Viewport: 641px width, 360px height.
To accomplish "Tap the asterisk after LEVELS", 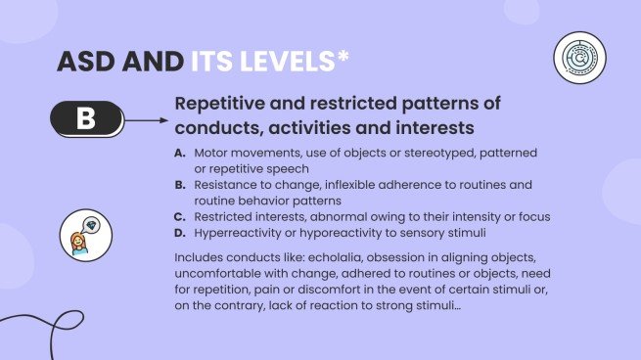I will [x=343, y=57].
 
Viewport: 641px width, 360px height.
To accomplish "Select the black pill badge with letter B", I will [x=86, y=120].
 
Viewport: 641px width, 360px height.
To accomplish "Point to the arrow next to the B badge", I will [x=146, y=121].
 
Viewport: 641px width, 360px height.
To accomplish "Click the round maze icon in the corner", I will [x=578, y=58].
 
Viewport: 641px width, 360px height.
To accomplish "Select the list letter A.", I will [x=179, y=154].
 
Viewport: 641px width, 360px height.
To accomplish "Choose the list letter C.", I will [x=179, y=215].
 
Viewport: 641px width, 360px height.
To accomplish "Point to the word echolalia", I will [x=345, y=257].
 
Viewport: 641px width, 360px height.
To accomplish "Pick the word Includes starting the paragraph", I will [x=202, y=257].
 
